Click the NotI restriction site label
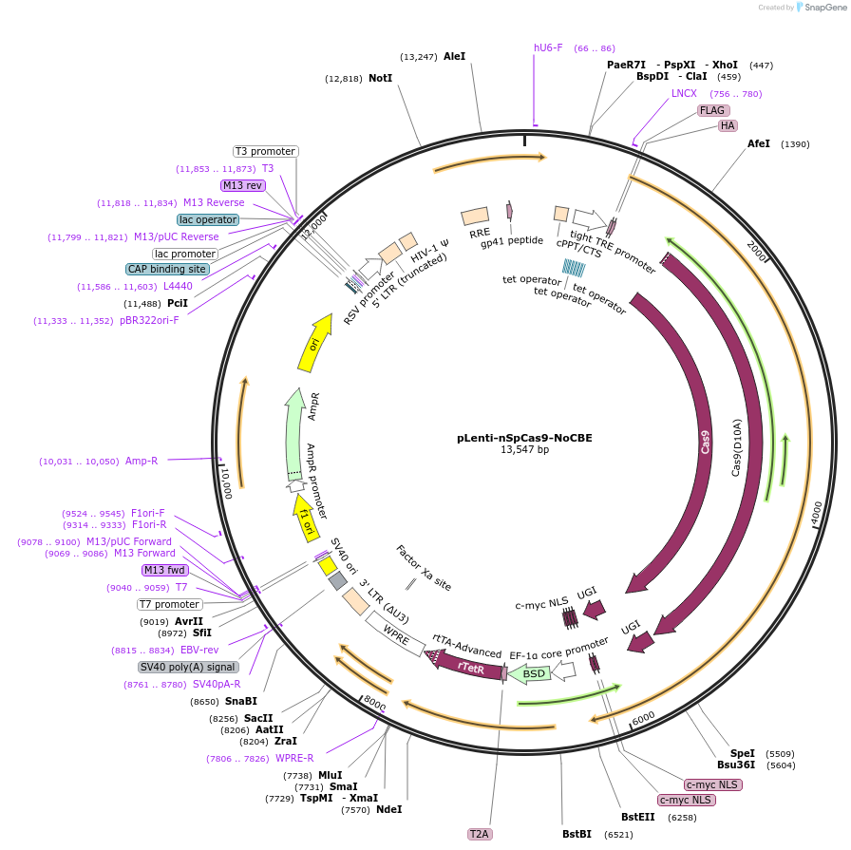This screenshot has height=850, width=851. point(380,78)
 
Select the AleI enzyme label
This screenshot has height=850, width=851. point(454,56)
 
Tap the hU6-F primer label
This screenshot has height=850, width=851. point(548,47)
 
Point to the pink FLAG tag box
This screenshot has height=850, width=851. point(712,110)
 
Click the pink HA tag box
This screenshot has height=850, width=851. point(728,125)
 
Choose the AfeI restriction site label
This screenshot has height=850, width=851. point(758,143)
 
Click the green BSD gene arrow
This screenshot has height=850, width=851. point(535,673)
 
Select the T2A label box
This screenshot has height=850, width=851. point(480,834)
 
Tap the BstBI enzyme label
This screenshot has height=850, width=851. point(577,834)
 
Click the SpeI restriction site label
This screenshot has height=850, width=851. point(742,752)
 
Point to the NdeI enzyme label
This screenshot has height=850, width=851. point(388,809)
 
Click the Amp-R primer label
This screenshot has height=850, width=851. point(142,461)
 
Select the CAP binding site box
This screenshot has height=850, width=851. point(167,269)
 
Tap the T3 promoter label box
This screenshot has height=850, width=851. point(266,151)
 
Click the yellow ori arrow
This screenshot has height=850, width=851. point(315,343)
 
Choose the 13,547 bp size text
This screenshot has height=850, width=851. point(524,450)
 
